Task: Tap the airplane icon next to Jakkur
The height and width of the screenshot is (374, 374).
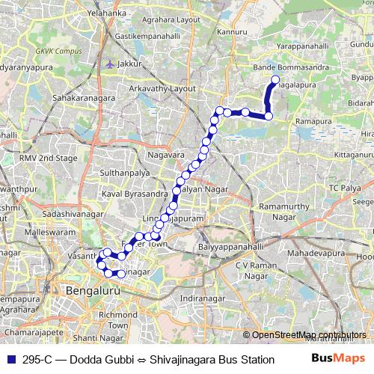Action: [x=111, y=64]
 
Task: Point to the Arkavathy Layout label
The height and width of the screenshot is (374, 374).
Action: [x=163, y=88]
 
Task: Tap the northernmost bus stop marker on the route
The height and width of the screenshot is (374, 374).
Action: [x=275, y=79]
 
